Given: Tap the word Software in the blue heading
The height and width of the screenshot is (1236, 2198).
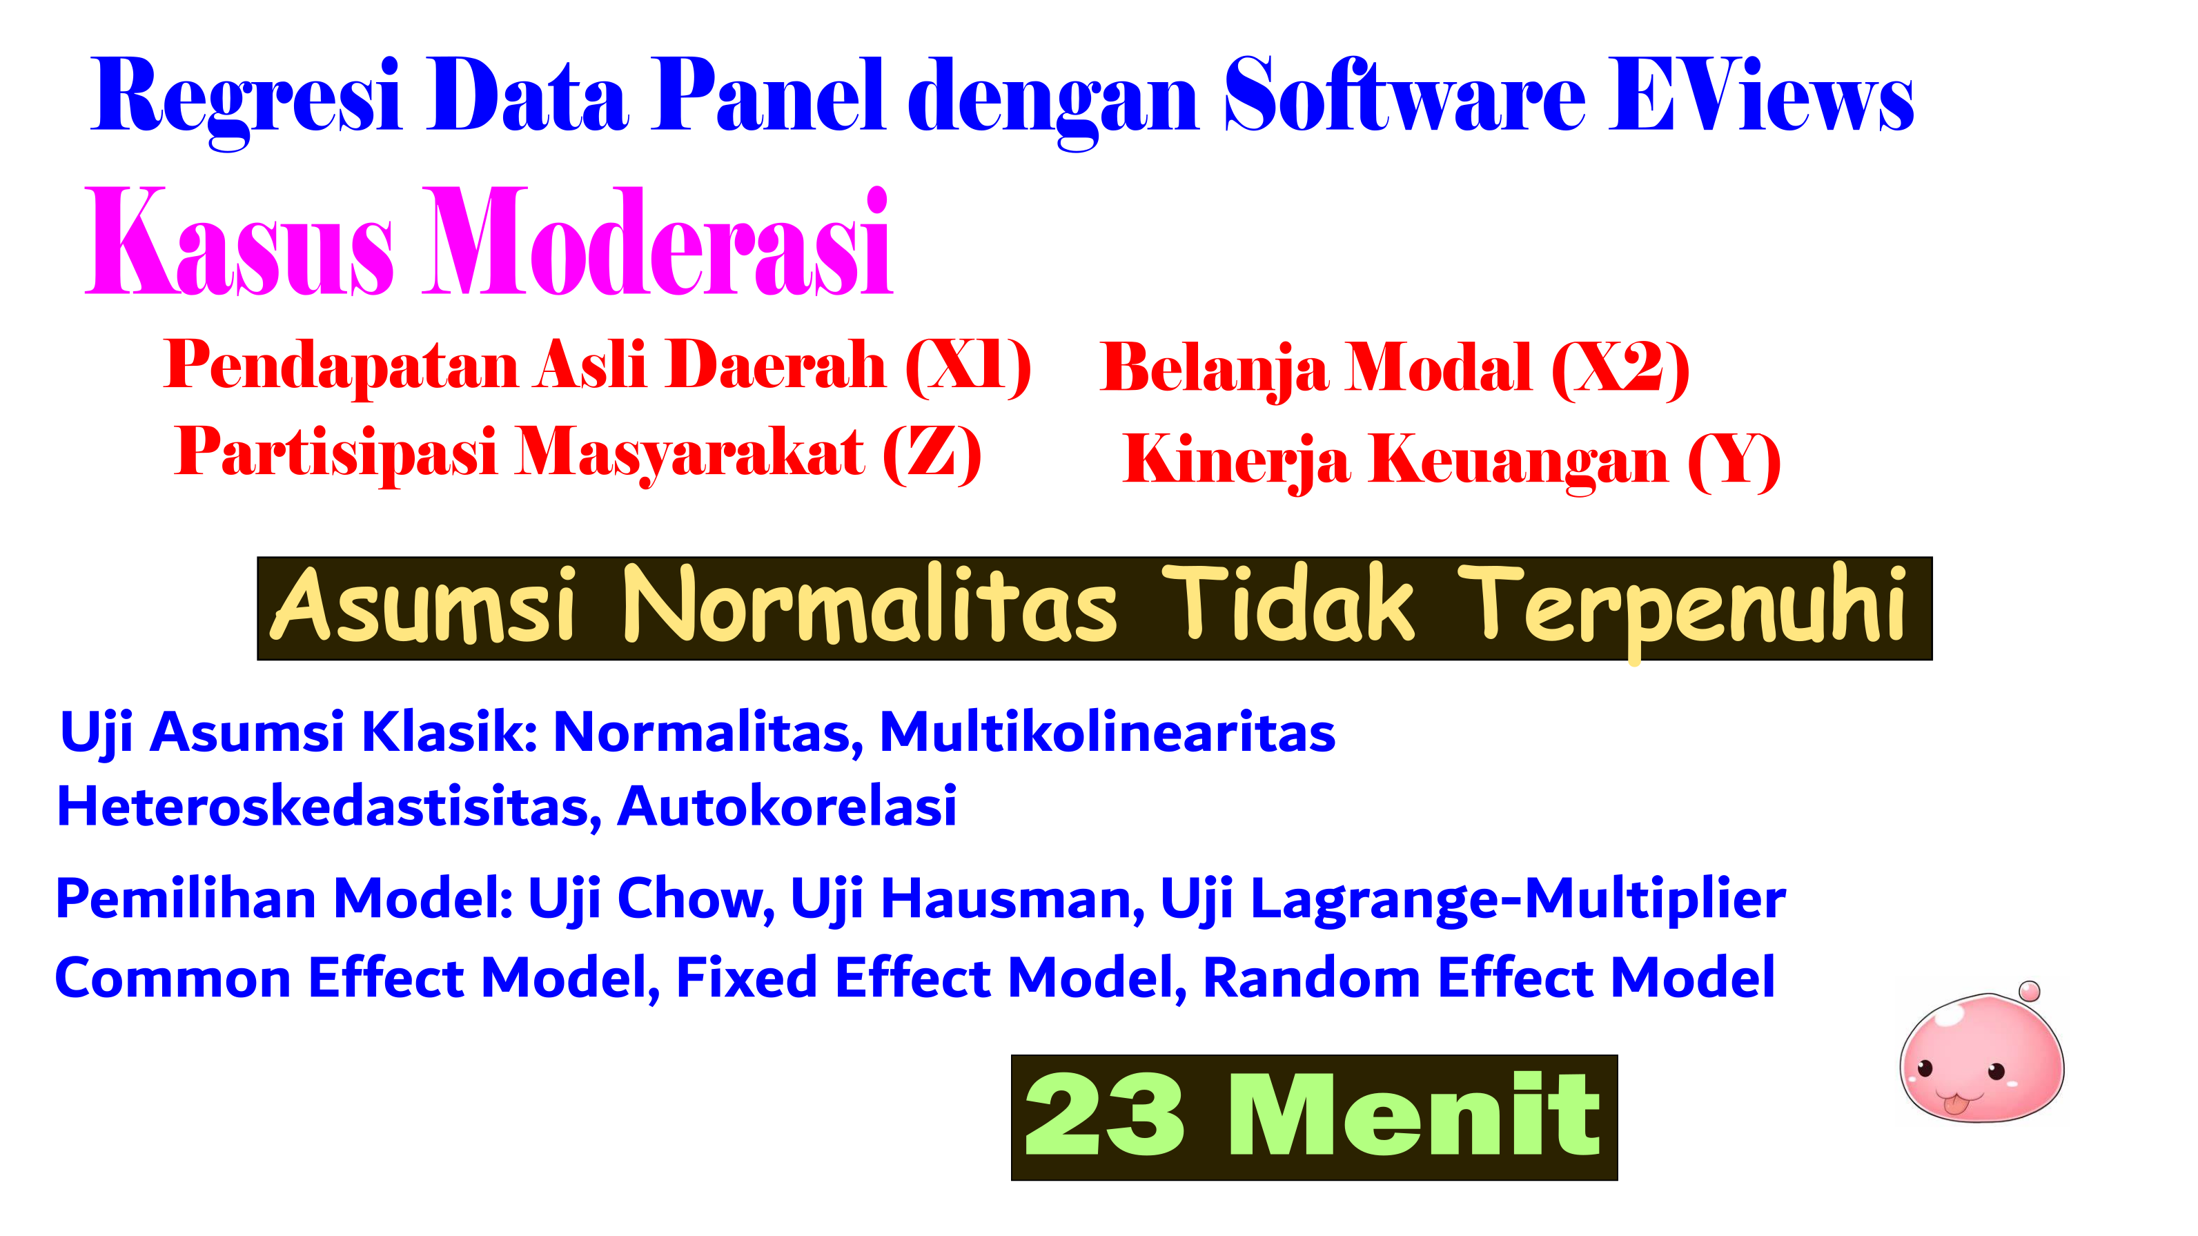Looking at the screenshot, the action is pos(1404,95).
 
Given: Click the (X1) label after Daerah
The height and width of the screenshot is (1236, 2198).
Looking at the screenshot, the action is pos(968,366).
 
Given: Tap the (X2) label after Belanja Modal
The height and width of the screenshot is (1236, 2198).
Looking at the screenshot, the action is pos(1620,369).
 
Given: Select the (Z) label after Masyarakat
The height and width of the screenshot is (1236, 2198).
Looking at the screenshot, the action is pos(932,455).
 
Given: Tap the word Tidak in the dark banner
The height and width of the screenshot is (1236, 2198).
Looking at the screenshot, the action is pos(1288,604).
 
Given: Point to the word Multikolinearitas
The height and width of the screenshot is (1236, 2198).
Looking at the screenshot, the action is pos(1108,732).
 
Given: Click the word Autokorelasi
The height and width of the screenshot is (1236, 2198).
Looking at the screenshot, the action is pos(787,806).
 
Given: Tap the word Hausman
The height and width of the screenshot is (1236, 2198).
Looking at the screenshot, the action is pos(1013,899).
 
